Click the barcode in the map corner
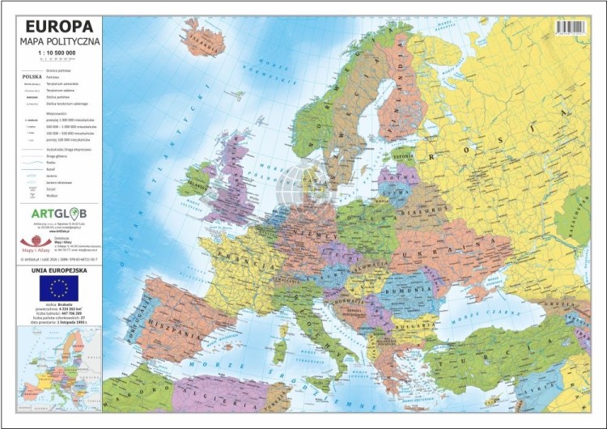click(x=571, y=28)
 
